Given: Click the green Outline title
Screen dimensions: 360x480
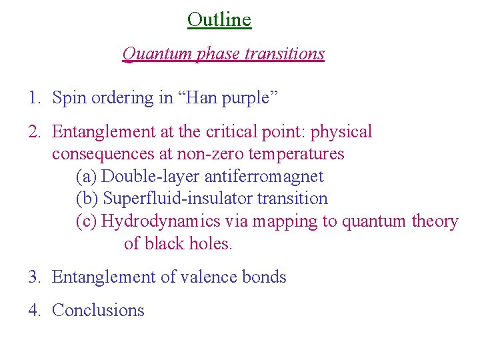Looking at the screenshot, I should point(219,19).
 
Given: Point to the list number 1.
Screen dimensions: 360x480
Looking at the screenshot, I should point(34,98).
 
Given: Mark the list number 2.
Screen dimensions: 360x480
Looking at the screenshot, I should point(34,132).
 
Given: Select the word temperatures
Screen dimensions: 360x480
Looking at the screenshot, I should point(296,154).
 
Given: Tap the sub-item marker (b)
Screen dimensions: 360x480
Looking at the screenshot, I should point(87,199).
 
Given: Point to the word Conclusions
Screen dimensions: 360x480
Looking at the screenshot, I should point(98,310).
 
